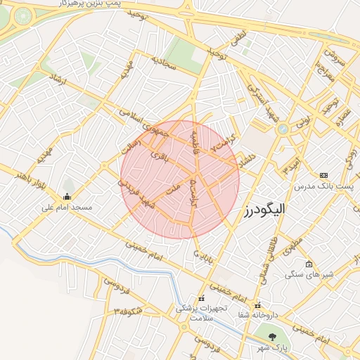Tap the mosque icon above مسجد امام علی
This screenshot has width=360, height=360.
67,196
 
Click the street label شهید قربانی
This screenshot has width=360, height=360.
131,193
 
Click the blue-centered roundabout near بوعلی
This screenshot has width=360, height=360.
282,129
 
